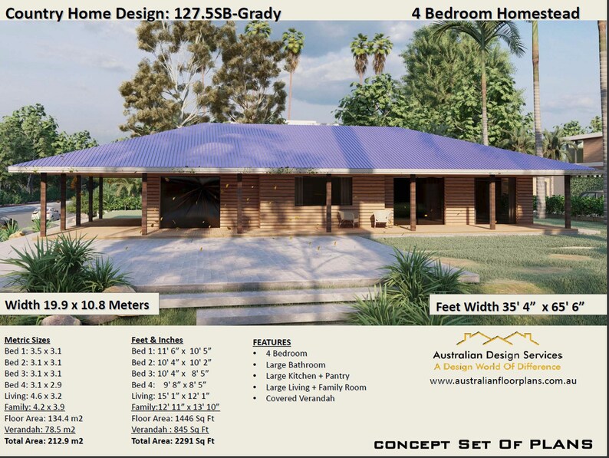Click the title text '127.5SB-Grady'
[227, 14]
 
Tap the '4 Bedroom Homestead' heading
[495, 13]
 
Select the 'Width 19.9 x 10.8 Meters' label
[77, 305]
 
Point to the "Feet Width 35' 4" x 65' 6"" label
[510, 307]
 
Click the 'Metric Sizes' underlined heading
[27, 340]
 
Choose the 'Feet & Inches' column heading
[157, 340]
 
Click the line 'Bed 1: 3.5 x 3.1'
[33, 351]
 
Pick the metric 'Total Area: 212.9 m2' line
[44, 441]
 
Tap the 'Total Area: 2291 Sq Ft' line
[173, 441]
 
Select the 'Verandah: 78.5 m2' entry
[40, 430]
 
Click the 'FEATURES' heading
[272, 342]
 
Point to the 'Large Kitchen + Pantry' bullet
[308, 376]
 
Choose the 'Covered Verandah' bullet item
[300, 399]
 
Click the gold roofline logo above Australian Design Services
[498, 339]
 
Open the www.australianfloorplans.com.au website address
[503, 381]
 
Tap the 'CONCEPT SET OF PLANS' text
[483, 444]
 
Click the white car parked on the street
[45, 213]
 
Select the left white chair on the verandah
[348, 218]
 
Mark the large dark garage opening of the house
[190, 203]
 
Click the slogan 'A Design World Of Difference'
[497, 367]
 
